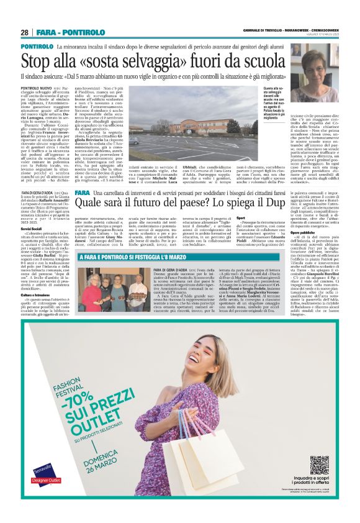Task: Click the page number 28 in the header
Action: pyautogui.click(x=25, y=32)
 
